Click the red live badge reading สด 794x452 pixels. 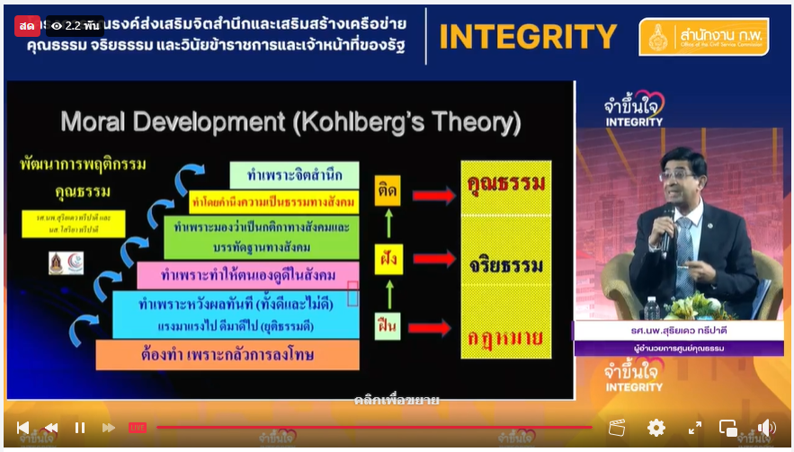point(26,25)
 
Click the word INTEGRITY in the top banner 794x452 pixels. point(528,37)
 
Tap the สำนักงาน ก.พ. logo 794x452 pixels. point(703,38)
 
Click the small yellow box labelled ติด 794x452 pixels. point(388,190)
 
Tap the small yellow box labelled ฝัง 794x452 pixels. point(388,259)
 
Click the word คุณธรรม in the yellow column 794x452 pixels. point(505,185)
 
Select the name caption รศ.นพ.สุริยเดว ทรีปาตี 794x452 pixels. point(678,332)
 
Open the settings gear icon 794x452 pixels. point(656,428)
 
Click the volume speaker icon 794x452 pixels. point(766,428)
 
